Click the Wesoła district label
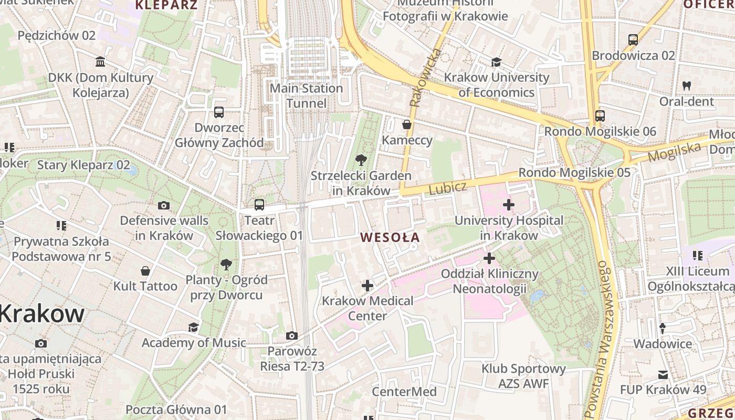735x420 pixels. (x=390, y=237)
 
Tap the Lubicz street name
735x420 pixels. (x=448, y=188)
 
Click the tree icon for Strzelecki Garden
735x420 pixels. (x=361, y=160)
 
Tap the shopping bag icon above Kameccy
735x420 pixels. (x=407, y=124)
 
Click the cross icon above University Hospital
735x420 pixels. (x=508, y=204)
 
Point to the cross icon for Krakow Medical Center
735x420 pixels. (x=367, y=286)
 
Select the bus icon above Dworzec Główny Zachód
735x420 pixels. (x=219, y=112)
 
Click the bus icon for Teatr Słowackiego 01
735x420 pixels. (x=259, y=205)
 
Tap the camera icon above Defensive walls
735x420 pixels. (x=164, y=205)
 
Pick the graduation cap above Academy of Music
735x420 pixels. (x=193, y=327)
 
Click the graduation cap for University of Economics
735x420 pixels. (x=496, y=62)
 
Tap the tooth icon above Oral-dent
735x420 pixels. (x=686, y=86)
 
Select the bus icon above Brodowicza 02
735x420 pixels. (x=633, y=39)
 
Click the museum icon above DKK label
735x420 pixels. (x=100, y=62)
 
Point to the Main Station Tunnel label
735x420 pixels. (x=306, y=96)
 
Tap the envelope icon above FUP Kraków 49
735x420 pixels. (x=663, y=375)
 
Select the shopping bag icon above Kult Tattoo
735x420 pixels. (x=145, y=271)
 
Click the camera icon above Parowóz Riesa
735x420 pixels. (x=292, y=335)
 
